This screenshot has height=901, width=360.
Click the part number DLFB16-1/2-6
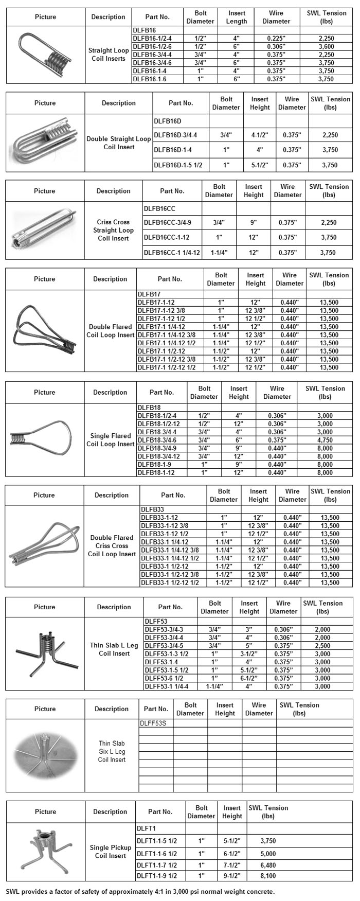[152, 46]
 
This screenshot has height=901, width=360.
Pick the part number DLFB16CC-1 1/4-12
[172, 253]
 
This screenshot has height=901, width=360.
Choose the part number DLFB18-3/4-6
[157, 440]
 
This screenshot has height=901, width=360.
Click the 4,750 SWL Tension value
[325, 440]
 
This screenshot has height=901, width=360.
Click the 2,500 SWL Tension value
[322, 646]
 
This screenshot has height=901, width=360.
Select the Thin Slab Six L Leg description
[112, 751]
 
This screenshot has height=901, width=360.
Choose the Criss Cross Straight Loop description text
[113, 230]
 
